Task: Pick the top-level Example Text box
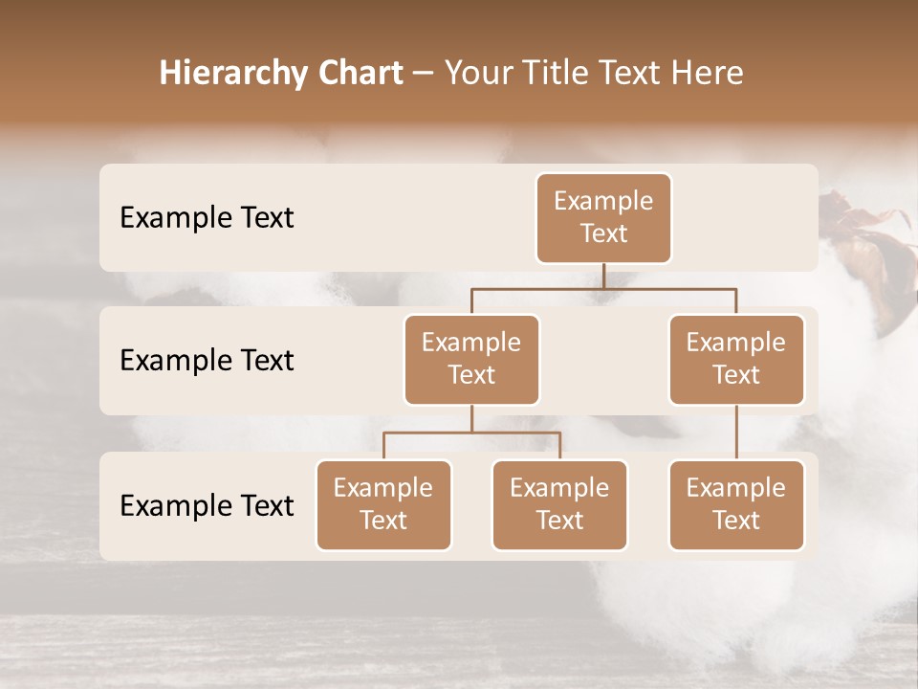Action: [603, 217]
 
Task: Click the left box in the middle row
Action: [471, 359]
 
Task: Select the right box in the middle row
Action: [736, 359]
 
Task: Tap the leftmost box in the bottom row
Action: [383, 504]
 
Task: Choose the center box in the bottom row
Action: [559, 504]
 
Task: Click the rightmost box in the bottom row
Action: [736, 504]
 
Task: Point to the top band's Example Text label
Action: [207, 217]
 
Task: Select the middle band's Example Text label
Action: [207, 360]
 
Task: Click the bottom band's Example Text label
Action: [207, 505]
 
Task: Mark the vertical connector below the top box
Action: [603, 276]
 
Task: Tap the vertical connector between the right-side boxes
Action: [736, 433]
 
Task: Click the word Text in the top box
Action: [603, 233]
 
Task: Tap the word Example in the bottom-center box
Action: [559, 488]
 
